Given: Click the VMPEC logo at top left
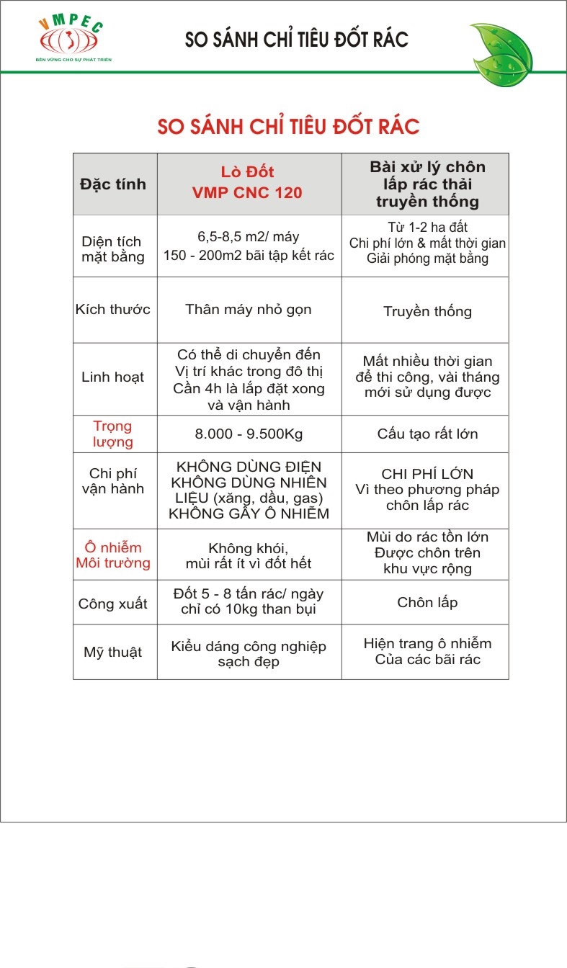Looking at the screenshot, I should (73, 40).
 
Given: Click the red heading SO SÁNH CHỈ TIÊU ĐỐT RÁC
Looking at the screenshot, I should (288, 127).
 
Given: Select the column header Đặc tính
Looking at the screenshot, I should (113, 184).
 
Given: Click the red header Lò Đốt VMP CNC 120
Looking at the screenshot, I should (247, 182).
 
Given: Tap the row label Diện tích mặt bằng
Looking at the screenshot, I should (112, 248).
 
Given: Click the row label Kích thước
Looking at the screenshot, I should (113, 310).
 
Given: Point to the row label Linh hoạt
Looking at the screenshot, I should (112, 377).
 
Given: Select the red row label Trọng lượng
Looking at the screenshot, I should (112, 434).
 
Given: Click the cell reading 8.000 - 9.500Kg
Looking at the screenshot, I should (249, 434).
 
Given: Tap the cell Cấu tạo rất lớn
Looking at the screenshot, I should (427, 434).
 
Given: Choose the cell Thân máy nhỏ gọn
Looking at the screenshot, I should (249, 310).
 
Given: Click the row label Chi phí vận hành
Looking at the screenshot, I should (112, 481).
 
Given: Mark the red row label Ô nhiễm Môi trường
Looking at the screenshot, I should (113, 555).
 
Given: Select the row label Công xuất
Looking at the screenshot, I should (113, 604).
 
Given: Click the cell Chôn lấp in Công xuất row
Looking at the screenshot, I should (427, 602).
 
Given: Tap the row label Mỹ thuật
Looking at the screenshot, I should (113, 653).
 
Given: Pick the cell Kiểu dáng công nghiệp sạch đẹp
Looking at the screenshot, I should (249, 653).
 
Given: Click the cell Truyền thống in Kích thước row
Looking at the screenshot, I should (427, 311).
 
